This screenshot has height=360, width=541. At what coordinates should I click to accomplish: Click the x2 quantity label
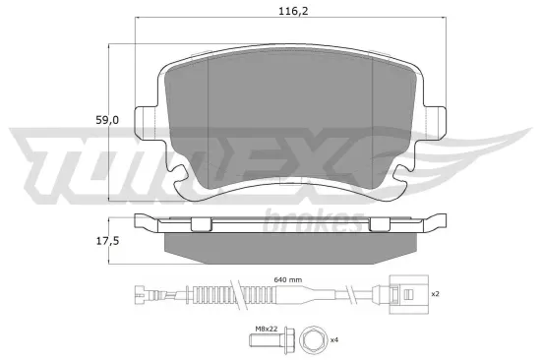coord(434,292)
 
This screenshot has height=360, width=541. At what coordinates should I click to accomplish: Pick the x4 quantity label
coord(334,339)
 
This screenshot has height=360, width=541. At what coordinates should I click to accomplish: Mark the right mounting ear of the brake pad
coord(434,118)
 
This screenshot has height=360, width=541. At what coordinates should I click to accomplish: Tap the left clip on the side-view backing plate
coord(200,224)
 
